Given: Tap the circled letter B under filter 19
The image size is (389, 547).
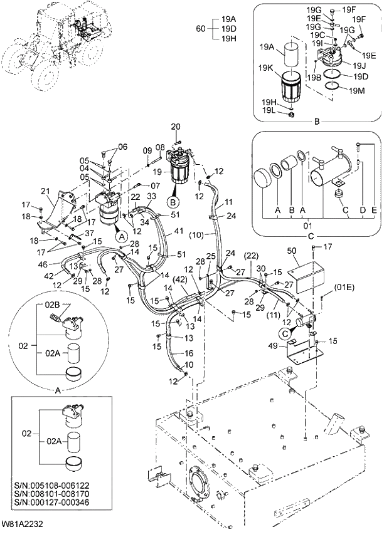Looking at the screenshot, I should [x=172, y=202].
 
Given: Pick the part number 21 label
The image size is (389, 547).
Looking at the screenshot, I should [x=44, y=191].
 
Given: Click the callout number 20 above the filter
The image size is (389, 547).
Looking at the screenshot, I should [x=175, y=127].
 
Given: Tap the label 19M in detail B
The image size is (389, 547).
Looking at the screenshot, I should [x=357, y=91].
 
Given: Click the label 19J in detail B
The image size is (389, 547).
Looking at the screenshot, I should [x=360, y=65].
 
